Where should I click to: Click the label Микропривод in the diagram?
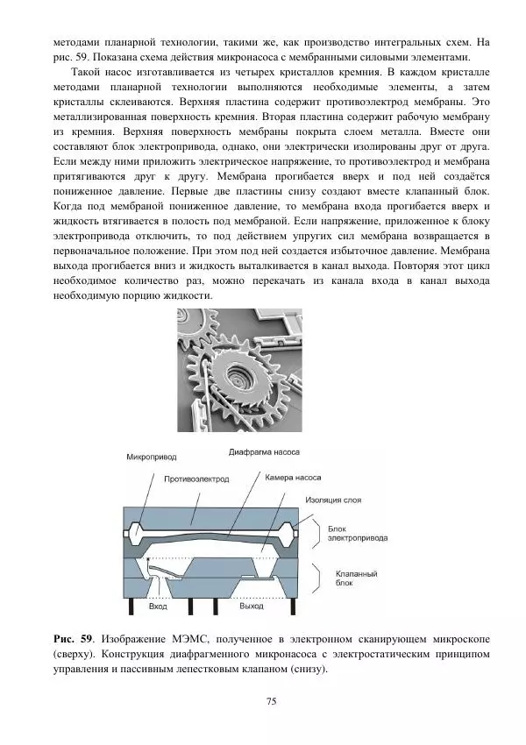152,458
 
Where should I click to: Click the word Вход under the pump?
159,606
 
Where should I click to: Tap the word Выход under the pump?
252,606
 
